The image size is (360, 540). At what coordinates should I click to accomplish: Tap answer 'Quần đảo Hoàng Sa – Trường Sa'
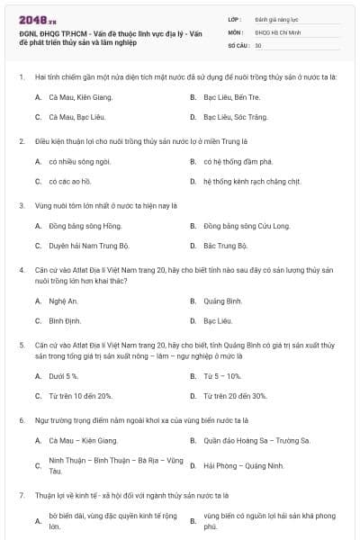click(x=256, y=440)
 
